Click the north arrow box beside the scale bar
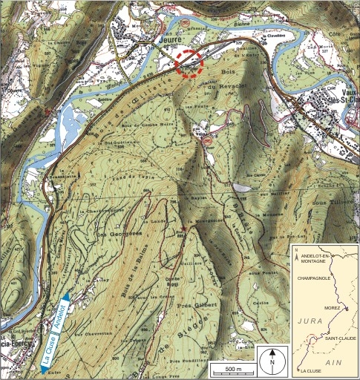272,358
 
